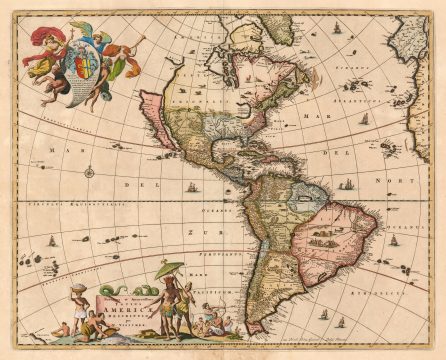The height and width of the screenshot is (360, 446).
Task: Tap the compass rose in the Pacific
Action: coord(89,173)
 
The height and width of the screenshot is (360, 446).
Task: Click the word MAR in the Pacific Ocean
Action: coord(47,151)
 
